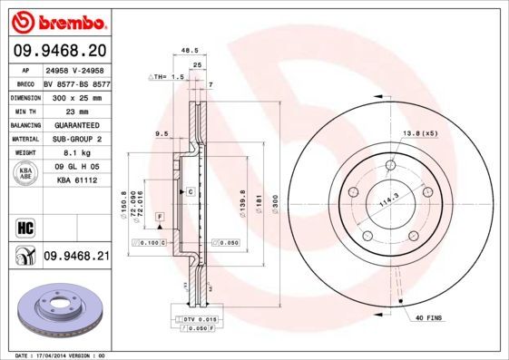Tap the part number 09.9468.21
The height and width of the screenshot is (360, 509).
click(76, 258)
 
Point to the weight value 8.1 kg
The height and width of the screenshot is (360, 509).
click(68, 153)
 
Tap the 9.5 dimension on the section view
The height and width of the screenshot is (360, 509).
click(162, 133)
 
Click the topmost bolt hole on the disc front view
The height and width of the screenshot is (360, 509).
click(390, 164)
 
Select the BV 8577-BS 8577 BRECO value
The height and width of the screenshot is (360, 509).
click(76, 81)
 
